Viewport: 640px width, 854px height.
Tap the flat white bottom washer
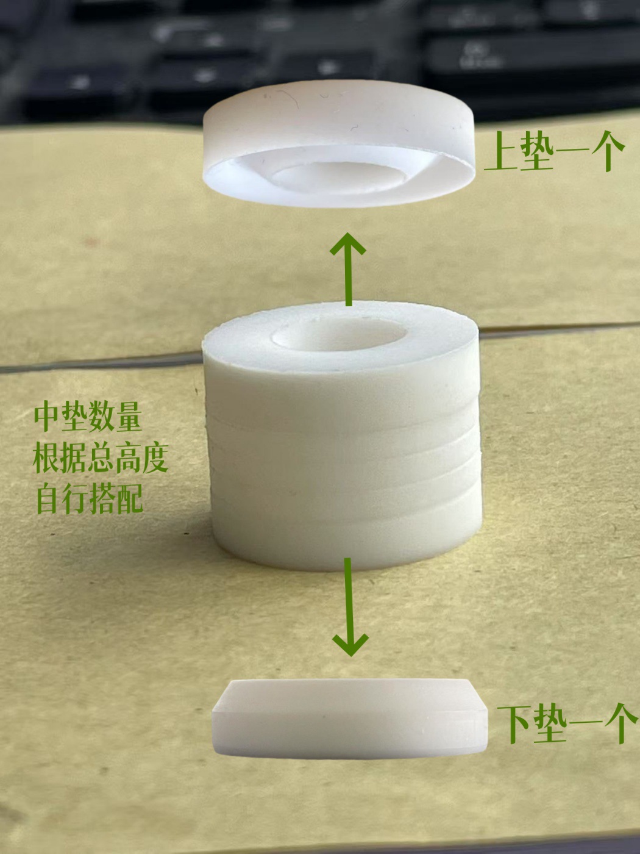[350, 720]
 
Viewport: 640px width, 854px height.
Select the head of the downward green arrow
[350, 644]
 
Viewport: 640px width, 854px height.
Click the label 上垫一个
[555, 152]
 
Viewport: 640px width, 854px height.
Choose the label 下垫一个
[566, 724]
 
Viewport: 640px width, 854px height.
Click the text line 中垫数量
[88, 417]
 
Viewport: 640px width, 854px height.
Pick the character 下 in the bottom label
[514, 724]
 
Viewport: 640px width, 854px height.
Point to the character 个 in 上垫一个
[607, 152]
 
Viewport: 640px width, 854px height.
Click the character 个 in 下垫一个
[620, 724]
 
